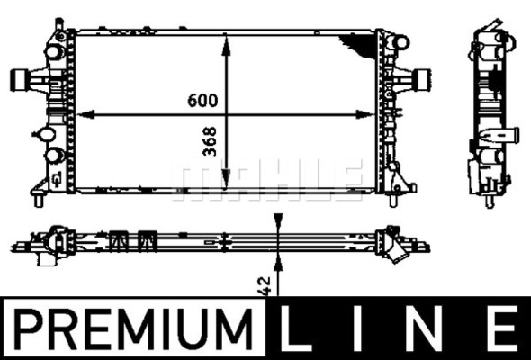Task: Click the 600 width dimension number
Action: pos(202,100)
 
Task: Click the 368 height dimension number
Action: pos(210,141)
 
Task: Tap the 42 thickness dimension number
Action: pos(265,286)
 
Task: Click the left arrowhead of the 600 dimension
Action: pos(85,115)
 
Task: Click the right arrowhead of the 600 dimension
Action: pos(365,115)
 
